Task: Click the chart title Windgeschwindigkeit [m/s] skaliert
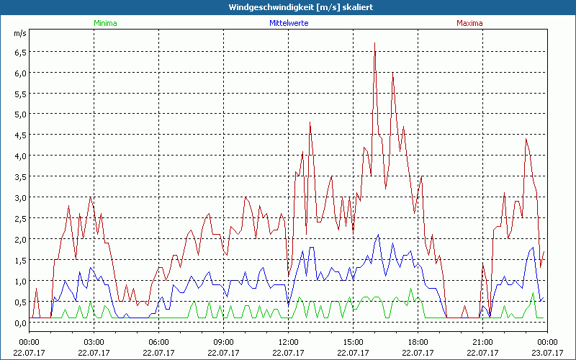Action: point(288,7)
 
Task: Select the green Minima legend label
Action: point(104,23)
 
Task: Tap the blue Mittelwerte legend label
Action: point(288,23)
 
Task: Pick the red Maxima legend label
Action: point(469,23)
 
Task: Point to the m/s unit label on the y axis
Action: point(19,33)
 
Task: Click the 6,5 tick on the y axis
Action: point(19,52)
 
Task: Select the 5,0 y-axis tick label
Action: point(19,114)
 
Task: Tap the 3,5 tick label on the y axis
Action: point(19,176)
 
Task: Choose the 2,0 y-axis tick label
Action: point(19,239)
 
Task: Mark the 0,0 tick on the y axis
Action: point(19,323)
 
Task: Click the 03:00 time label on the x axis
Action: point(94,341)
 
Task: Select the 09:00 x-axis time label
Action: point(224,341)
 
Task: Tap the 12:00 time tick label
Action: point(289,341)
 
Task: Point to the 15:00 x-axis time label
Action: point(354,341)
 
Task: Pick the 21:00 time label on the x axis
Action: point(483,341)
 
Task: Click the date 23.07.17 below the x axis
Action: point(547,352)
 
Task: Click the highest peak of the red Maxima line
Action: point(375,43)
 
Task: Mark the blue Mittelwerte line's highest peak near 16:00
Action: point(379,235)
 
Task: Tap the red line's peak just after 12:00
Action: point(310,123)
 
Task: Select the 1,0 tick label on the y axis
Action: point(19,281)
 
